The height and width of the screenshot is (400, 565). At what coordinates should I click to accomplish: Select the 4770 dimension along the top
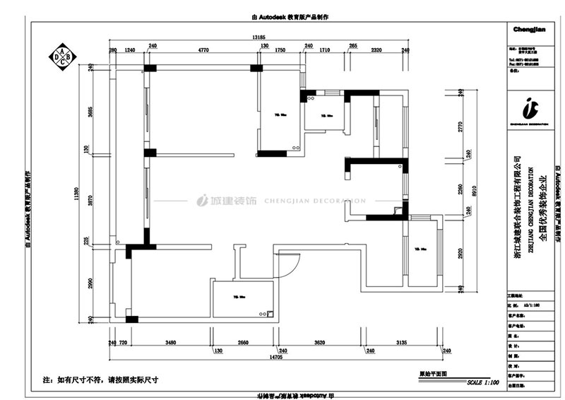(x=203, y=51)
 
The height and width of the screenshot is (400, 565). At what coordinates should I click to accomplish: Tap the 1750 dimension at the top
(x=280, y=51)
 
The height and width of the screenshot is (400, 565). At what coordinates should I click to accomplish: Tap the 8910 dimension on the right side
(x=475, y=189)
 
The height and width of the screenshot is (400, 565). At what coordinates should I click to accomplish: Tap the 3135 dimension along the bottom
(x=402, y=343)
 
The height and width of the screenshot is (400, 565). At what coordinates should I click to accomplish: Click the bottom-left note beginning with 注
(x=101, y=380)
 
